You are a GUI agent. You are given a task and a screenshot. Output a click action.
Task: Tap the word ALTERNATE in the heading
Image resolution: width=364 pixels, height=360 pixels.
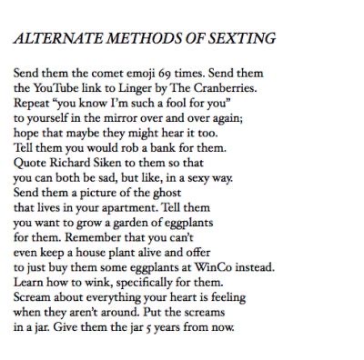(x=56, y=39)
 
